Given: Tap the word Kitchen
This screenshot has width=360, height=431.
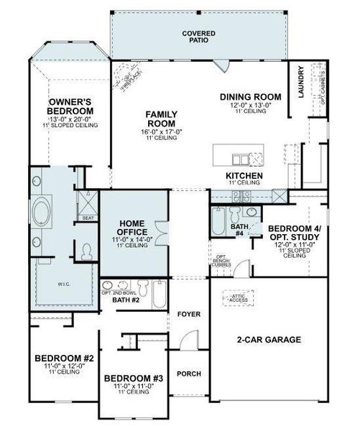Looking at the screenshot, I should coord(244,175).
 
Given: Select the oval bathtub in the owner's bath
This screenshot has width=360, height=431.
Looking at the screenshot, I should coord(45,215).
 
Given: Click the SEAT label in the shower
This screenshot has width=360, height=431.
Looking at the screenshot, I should coord(88,218).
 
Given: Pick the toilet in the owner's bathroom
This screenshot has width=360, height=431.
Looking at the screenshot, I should coord(88,251).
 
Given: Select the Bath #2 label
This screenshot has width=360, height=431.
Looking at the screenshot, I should coord(127,300).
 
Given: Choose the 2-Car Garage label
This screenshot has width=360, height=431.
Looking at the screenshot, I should coord(269,339).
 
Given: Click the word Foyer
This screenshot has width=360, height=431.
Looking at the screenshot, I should coord(190,315).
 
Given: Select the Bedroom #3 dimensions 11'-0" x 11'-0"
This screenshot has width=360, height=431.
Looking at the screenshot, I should coord(134,386).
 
